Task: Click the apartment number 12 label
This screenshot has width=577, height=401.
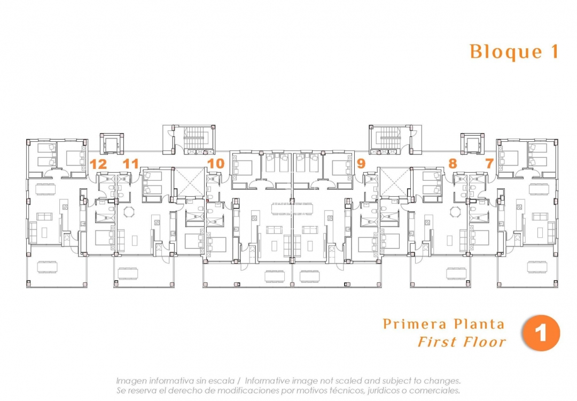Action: pos(98,164)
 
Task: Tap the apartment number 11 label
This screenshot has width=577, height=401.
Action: pos(131,164)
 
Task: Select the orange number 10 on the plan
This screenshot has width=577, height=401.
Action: pos(215,164)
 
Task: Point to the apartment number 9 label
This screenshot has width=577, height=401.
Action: pos(361,164)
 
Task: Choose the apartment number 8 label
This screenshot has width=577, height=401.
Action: pos(453,164)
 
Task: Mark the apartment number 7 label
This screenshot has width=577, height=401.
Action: pos(489,164)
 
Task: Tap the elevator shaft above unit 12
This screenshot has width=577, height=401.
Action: pos(112,143)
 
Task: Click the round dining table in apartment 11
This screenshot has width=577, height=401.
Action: pos(129,212)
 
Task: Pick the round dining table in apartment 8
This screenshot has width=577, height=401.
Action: pos(455,212)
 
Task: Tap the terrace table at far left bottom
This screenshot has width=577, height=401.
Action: pos(47,268)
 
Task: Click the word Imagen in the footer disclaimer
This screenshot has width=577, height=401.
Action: pos(132,381)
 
